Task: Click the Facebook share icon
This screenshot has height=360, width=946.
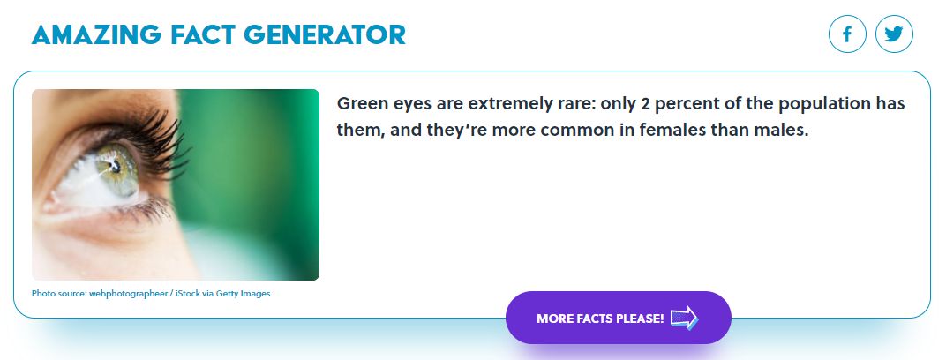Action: click(x=847, y=34)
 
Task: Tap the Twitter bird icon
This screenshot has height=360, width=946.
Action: click(x=894, y=34)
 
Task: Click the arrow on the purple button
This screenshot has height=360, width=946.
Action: click(x=684, y=318)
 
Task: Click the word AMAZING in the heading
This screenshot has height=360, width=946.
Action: click(x=96, y=34)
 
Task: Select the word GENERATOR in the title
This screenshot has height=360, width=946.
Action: click(x=325, y=34)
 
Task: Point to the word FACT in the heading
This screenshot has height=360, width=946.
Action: click(x=203, y=34)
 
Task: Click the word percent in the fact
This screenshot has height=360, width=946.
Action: click(x=687, y=105)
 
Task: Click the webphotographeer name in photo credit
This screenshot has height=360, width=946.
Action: click(x=129, y=294)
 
